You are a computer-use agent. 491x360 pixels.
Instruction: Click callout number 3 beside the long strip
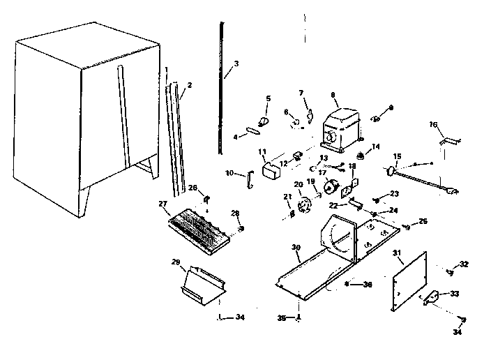(x=236, y=63)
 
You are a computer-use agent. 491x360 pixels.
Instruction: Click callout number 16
(x=434, y=124)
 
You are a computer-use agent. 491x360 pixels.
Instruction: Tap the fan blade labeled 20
(x=302, y=206)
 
